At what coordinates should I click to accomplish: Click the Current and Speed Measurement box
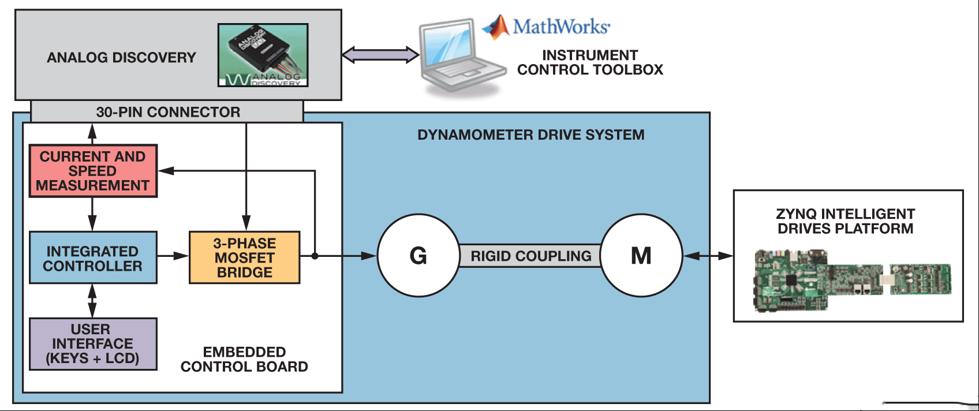[93, 171]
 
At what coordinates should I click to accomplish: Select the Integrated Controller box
[93, 257]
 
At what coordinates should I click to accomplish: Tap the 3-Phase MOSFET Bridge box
[245, 257]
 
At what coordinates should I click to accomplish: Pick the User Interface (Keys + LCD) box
[93, 344]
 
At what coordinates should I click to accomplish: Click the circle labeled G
[418, 255]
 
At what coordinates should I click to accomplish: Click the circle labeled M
[641, 255]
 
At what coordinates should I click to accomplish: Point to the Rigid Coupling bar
[530, 256]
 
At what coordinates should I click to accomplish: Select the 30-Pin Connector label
[168, 112]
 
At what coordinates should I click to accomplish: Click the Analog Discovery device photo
[263, 55]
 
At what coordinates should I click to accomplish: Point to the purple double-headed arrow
[380, 55]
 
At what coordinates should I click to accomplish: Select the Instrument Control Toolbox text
[590, 62]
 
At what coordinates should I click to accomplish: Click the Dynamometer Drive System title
[530, 134]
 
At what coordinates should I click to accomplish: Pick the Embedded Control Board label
[244, 359]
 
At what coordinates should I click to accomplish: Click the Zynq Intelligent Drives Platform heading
[845, 221]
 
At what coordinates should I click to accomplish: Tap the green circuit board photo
[853, 280]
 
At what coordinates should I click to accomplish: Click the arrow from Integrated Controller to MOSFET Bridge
[173, 256]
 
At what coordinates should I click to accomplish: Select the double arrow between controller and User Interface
[92, 301]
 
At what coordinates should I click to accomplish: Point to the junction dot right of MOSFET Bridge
[315, 256]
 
